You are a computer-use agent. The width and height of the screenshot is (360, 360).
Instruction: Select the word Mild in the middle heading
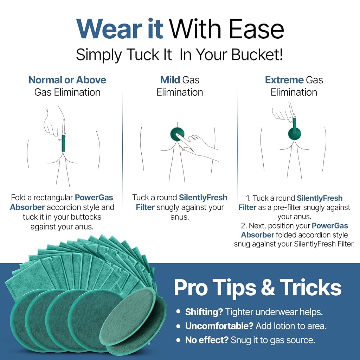click(170, 80)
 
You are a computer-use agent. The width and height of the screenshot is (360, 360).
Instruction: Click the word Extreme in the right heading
click(284, 80)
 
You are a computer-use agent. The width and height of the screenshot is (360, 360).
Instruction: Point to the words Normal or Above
click(67, 80)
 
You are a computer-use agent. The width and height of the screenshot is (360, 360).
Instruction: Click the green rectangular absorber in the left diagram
click(63, 143)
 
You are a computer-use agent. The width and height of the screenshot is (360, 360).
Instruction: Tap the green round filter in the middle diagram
click(177, 134)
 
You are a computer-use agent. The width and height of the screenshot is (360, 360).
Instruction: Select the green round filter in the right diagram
click(294, 134)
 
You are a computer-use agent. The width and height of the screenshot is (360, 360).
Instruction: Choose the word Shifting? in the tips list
click(204, 312)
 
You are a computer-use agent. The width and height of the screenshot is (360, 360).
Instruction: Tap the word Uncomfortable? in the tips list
click(219, 326)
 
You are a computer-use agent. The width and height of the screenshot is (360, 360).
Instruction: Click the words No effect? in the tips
click(207, 340)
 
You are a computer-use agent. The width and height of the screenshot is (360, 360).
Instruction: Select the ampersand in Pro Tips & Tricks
click(268, 288)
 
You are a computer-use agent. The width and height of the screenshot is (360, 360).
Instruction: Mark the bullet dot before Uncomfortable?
click(178, 326)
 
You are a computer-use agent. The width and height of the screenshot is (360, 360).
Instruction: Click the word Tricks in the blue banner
click(310, 288)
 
